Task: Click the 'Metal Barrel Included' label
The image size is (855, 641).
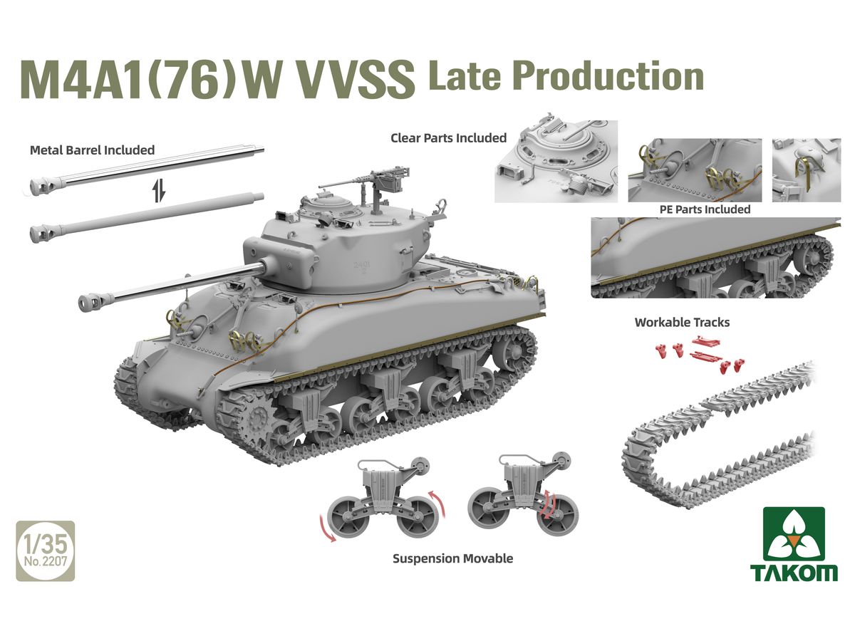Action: point(93,150)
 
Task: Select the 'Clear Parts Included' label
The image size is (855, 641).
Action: point(448,137)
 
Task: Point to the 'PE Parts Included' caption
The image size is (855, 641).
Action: point(705,209)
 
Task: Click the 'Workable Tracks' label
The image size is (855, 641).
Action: point(682,322)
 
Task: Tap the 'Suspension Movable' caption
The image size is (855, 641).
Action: point(452,558)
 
